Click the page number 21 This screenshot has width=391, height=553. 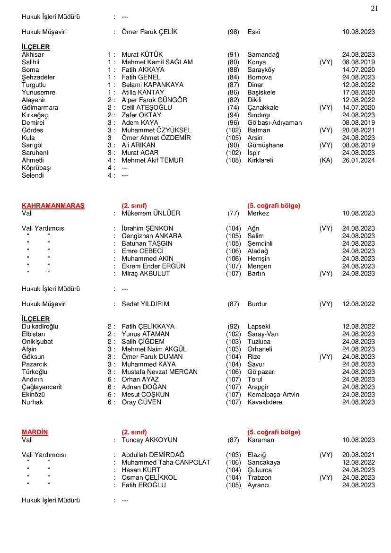(x=374, y=8)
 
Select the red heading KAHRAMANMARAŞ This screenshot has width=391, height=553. (x=53, y=206)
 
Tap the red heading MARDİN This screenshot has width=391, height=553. (x=35, y=432)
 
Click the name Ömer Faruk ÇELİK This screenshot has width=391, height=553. (x=149, y=32)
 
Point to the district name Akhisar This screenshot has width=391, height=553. (x=33, y=54)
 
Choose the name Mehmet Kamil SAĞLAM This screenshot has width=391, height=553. (x=157, y=62)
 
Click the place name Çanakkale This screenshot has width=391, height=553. (x=263, y=107)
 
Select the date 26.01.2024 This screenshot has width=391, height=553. (x=358, y=160)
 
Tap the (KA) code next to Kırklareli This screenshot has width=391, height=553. (x=326, y=160)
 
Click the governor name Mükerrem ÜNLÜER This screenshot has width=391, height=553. (x=151, y=213)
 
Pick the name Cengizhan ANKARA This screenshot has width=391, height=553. (x=151, y=236)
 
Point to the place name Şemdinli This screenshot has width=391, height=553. (x=260, y=243)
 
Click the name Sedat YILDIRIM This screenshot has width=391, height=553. (x=145, y=304)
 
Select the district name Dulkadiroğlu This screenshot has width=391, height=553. (x=40, y=326)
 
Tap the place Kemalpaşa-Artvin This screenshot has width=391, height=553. (x=273, y=394)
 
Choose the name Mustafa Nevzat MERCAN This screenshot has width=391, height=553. (x=159, y=372)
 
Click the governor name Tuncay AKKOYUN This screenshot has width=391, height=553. (x=149, y=440)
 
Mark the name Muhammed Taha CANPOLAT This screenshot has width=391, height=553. (x=166, y=462)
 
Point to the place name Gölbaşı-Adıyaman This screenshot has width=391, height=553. (x=274, y=122)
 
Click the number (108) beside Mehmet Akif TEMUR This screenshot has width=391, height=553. (x=233, y=160)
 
